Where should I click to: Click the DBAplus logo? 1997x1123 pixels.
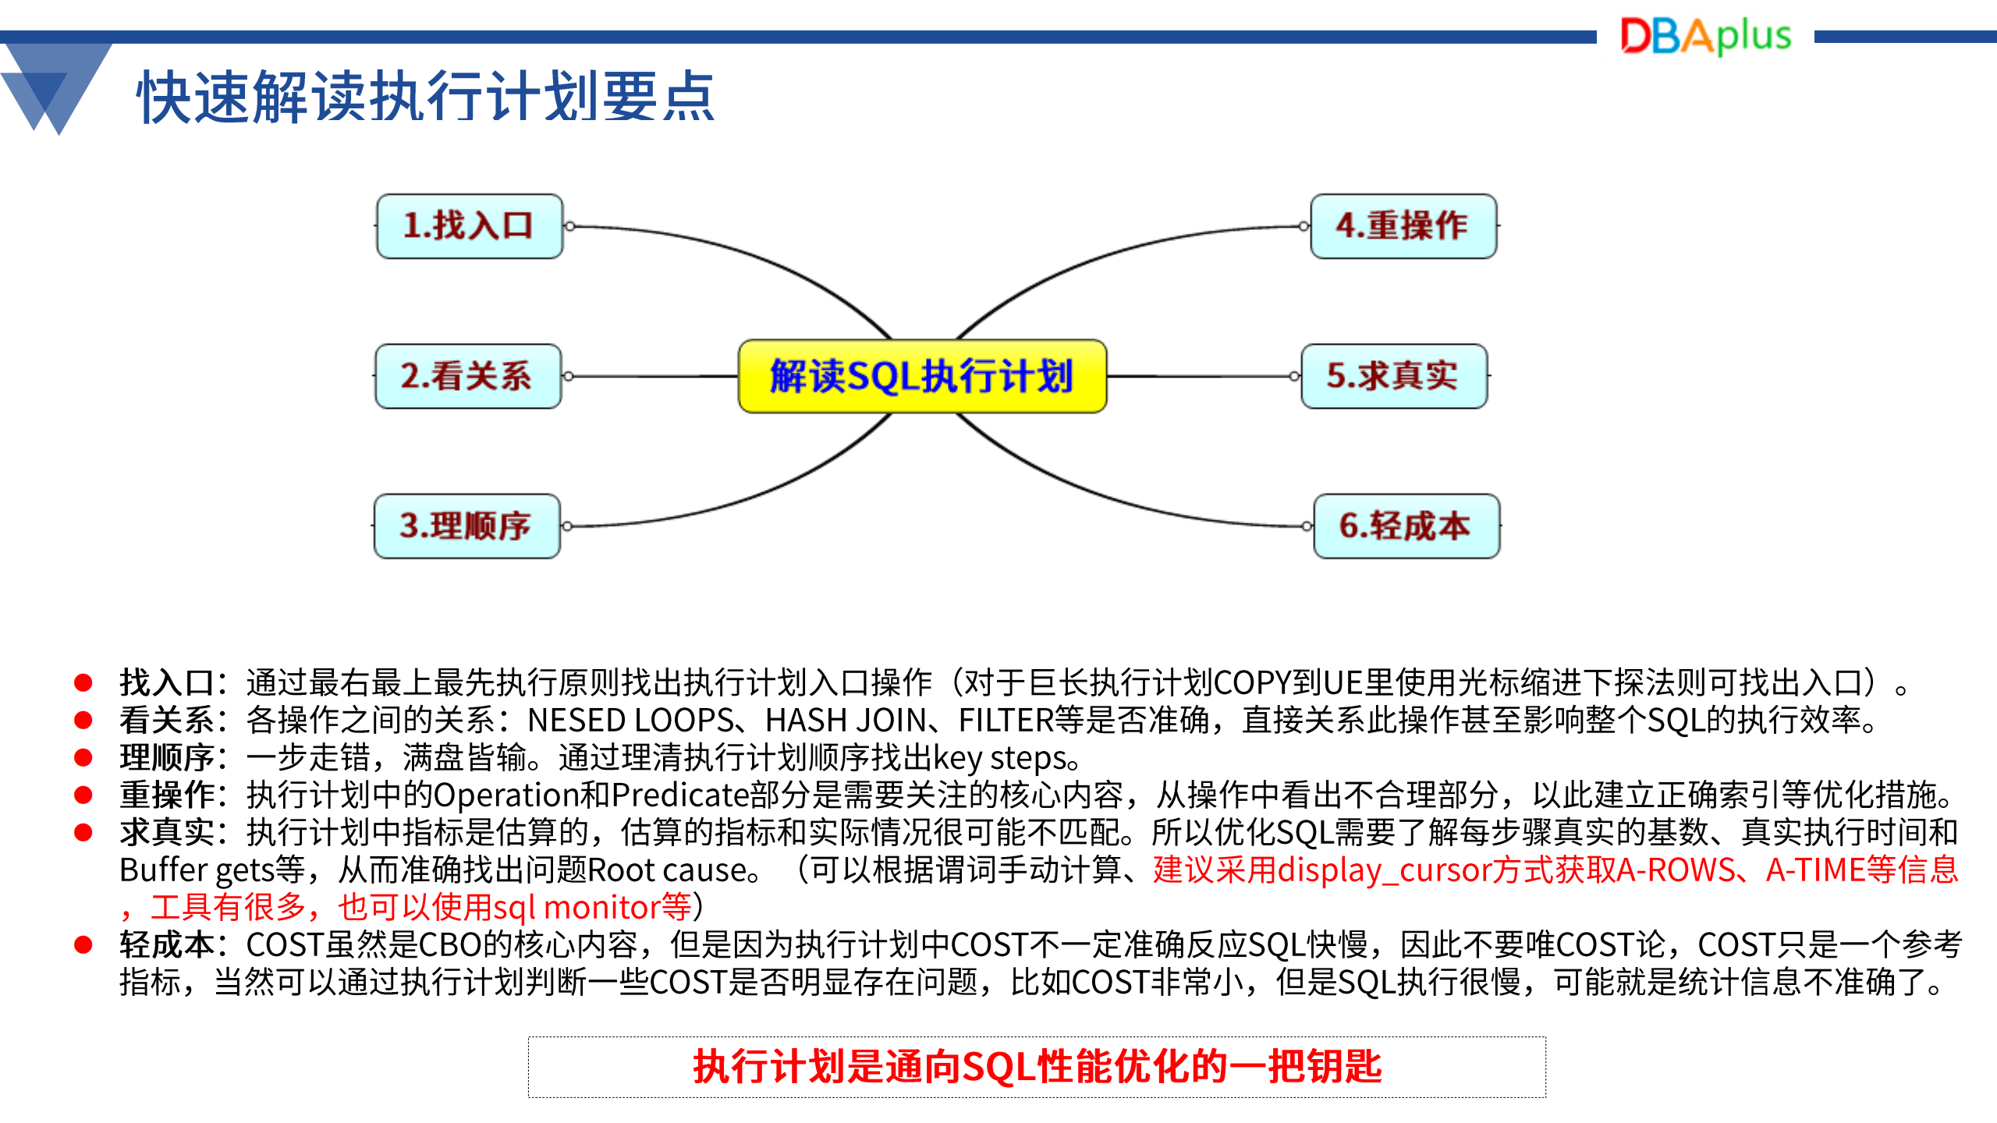[x=1706, y=36]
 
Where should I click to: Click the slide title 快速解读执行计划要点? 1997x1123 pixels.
[x=426, y=97]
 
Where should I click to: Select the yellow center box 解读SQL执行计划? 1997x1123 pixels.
[x=922, y=376]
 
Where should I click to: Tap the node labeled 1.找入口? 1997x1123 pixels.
[x=469, y=226]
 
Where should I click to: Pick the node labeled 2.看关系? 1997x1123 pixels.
[x=468, y=376]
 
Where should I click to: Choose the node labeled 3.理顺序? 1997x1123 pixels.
[x=467, y=526]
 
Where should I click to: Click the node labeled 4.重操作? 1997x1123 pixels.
[x=1403, y=226]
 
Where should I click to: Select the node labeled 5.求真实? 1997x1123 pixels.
[x=1394, y=376]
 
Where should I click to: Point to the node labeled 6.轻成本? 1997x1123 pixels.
[x=1406, y=526]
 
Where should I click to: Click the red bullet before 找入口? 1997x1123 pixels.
[x=83, y=683]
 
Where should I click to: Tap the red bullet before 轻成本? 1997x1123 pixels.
[x=83, y=945]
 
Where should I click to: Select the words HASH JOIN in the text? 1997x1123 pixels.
[x=845, y=720]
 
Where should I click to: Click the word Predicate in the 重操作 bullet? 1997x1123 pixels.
[x=680, y=795]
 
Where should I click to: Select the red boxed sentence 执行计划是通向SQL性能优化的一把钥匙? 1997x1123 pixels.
[x=1037, y=1067]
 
